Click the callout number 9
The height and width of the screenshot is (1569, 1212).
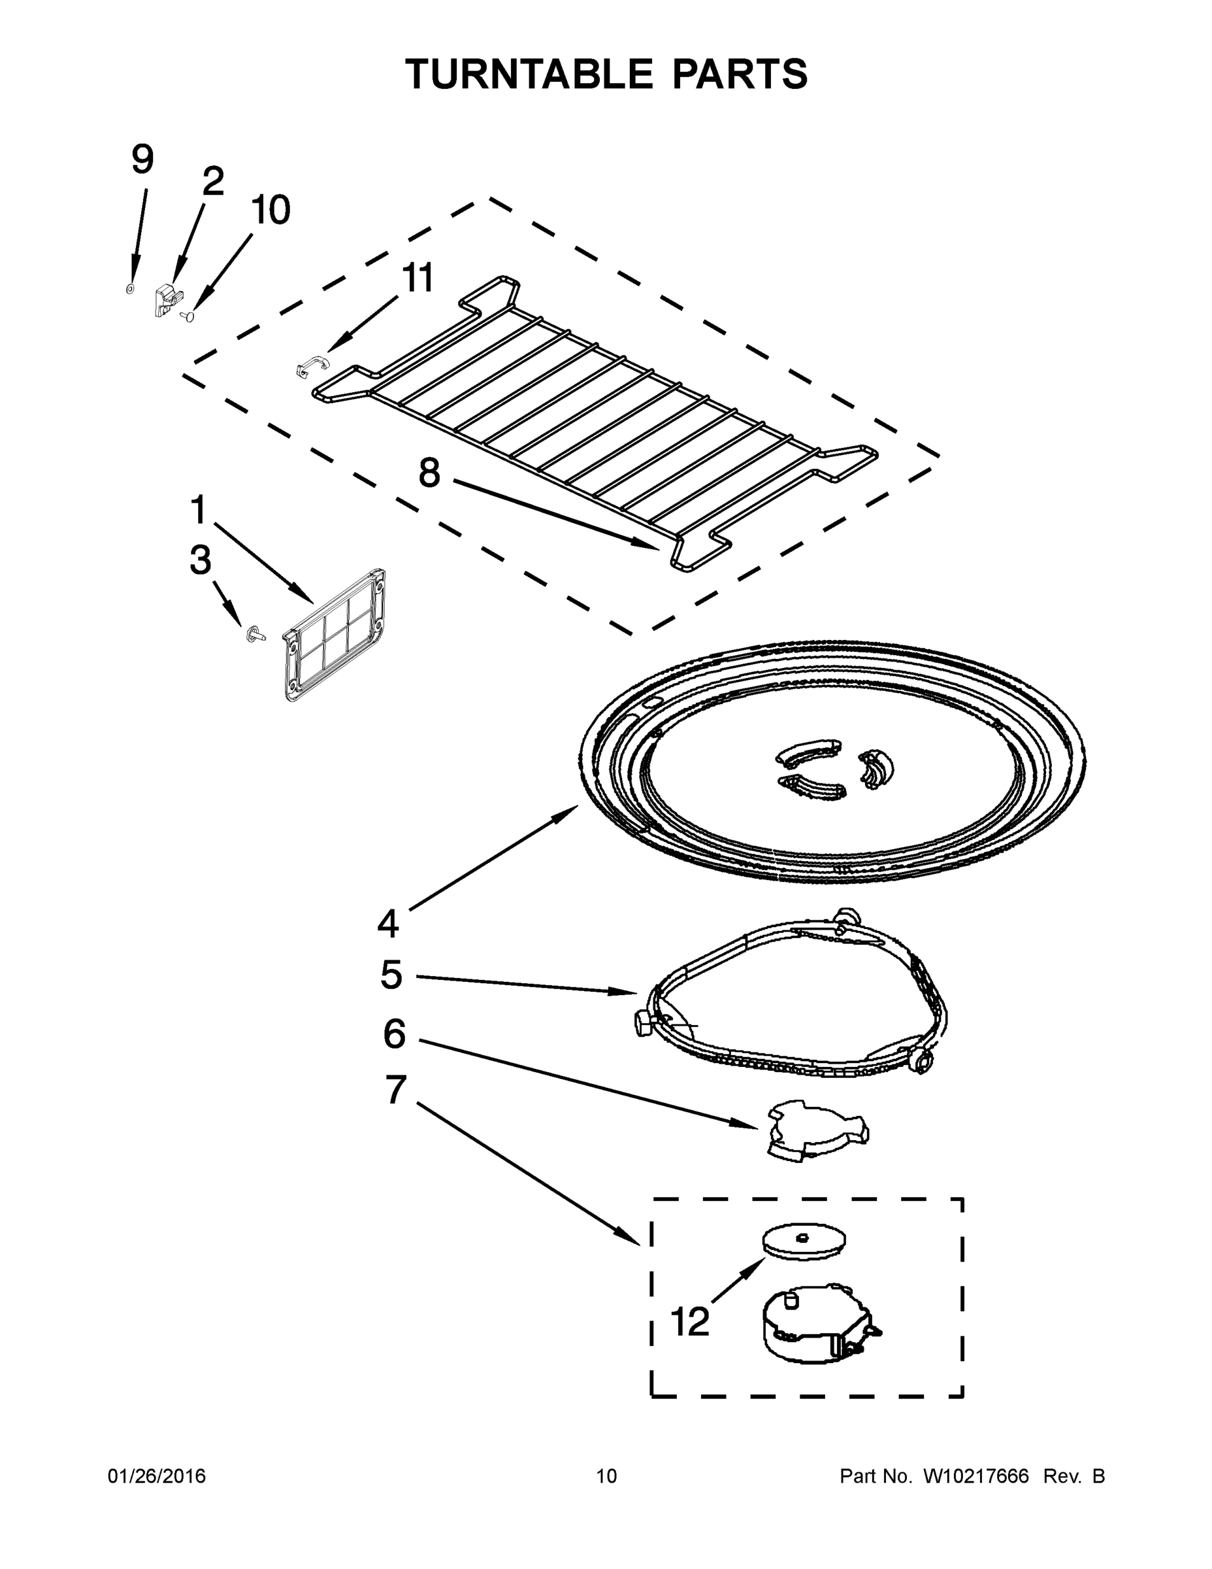(x=142, y=160)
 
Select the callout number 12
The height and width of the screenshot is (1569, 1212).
(x=690, y=1321)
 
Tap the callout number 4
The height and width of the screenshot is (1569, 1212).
(x=387, y=924)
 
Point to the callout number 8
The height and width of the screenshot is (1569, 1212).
(x=429, y=473)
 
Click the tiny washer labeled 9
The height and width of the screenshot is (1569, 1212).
(x=130, y=288)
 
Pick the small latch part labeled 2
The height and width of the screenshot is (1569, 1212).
(x=165, y=299)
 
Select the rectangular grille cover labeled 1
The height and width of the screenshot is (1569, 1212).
(x=334, y=635)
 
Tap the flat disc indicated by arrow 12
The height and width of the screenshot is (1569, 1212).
(x=804, y=1241)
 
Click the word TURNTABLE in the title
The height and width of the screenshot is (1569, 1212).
(x=529, y=74)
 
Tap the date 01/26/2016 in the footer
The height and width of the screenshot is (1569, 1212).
(x=157, y=1476)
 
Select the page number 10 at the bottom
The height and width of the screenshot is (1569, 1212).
(x=606, y=1476)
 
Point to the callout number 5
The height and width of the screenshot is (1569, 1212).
(x=391, y=975)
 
